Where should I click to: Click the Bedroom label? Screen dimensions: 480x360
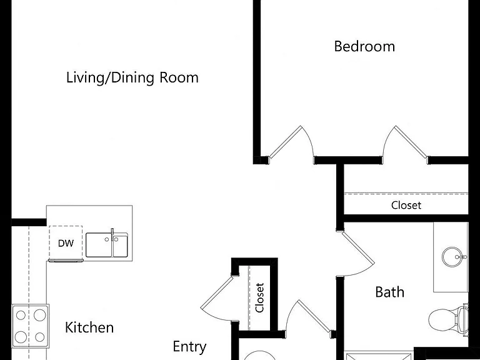click(x=364, y=46)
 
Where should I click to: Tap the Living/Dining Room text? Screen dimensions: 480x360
click(x=132, y=77)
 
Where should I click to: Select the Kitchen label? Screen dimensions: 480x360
click(x=89, y=327)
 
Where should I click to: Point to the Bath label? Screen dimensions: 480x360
click(x=390, y=292)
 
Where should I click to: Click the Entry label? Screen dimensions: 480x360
click(x=189, y=347)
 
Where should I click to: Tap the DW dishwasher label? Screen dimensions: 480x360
click(x=66, y=244)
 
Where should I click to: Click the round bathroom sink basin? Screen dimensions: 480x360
click(x=452, y=257)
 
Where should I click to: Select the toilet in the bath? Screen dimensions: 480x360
click(x=448, y=318)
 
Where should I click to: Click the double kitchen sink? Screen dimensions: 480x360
click(x=107, y=245)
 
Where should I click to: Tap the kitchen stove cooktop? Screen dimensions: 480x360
click(x=30, y=326)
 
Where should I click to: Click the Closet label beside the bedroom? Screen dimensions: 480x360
click(x=406, y=205)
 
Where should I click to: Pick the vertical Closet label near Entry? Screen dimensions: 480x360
click(x=259, y=298)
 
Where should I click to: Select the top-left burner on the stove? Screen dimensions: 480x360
click(x=21, y=315)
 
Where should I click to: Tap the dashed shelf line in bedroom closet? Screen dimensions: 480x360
click(x=406, y=193)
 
